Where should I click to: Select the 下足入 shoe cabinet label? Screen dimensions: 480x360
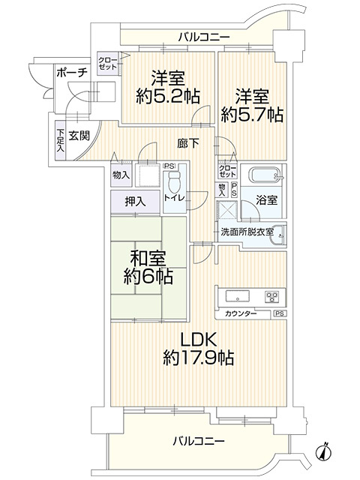(x=60, y=141)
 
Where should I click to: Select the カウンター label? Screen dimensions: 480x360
(x=240, y=313)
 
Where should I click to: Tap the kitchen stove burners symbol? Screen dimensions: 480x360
(x=271, y=295)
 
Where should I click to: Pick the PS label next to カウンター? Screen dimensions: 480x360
(x=279, y=313)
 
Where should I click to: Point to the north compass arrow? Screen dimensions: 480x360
(x=324, y=451)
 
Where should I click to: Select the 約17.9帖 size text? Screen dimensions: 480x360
(x=197, y=358)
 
